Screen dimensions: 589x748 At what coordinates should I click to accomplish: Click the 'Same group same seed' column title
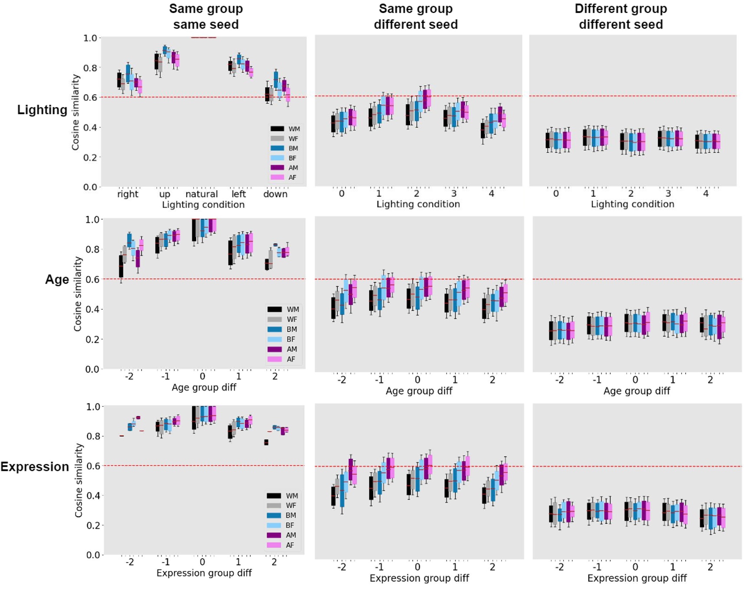click(x=206, y=17)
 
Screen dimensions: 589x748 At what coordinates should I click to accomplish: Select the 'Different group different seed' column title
click(x=620, y=17)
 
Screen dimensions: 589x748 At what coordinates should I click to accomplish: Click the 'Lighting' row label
click(x=42, y=110)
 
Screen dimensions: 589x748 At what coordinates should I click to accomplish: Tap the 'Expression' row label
click(x=35, y=467)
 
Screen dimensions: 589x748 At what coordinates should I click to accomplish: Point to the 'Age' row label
click(x=57, y=279)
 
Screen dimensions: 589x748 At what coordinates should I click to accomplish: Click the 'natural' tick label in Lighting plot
click(x=201, y=194)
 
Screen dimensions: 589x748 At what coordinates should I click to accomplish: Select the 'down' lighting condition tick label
click(x=275, y=194)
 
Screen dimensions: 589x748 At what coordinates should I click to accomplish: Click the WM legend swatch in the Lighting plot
click(x=277, y=129)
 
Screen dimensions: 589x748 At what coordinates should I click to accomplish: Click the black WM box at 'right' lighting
click(x=119, y=80)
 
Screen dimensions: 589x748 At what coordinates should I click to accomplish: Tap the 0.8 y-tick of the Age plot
click(x=92, y=249)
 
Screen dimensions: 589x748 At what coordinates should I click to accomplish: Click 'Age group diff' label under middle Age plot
click(x=419, y=391)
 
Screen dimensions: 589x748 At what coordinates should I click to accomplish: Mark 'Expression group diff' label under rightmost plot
click(x=636, y=578)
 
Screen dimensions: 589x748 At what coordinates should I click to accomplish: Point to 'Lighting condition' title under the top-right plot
click(x=632, y=204)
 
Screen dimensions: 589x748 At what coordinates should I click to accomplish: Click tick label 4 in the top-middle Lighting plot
click(x=491, y=194)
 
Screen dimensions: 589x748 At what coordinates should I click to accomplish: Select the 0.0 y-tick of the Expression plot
click(x=93, y=555)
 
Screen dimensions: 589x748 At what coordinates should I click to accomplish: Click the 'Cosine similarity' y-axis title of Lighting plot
click(x=75, y=112)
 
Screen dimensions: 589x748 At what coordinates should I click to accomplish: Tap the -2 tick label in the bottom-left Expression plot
click(x=130, y=562)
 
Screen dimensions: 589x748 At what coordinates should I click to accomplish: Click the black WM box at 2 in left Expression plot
click(x=266, y=442)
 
